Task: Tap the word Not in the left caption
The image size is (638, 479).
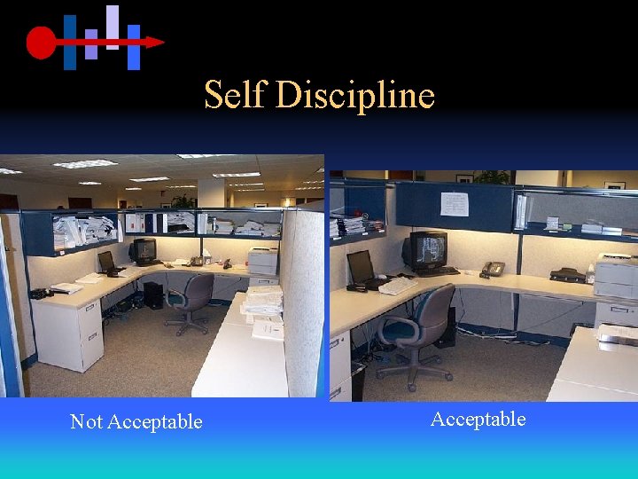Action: [86, 422]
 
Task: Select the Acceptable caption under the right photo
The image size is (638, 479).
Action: [478, 419]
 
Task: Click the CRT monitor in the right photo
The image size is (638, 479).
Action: [426, 251]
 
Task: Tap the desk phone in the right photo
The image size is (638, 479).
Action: [492, 268]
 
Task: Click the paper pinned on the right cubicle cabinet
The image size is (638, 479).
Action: [455, 204]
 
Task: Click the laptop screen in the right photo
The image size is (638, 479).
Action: [360, 266]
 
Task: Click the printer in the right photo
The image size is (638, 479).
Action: [616, 276]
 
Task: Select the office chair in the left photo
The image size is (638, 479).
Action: [191, 302]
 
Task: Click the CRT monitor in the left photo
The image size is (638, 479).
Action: [144, 250]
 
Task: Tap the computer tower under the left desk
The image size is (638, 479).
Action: [153, 294]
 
